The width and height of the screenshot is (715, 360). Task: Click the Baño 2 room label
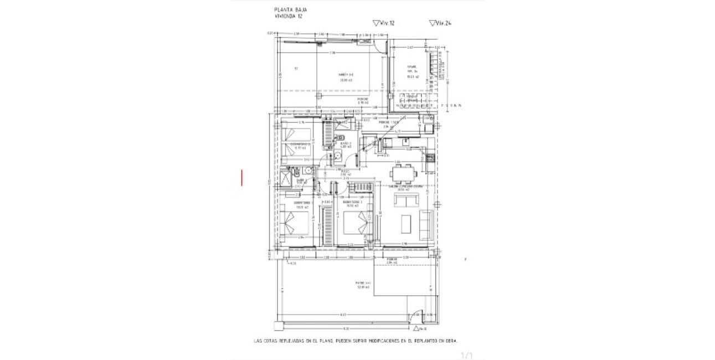(346, 144)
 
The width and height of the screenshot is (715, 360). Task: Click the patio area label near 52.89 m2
(363, 284)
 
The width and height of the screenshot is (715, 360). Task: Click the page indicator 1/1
(467, 354)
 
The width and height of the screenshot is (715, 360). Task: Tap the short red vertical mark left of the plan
(241, 178)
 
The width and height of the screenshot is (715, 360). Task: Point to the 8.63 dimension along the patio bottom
(343, 315)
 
